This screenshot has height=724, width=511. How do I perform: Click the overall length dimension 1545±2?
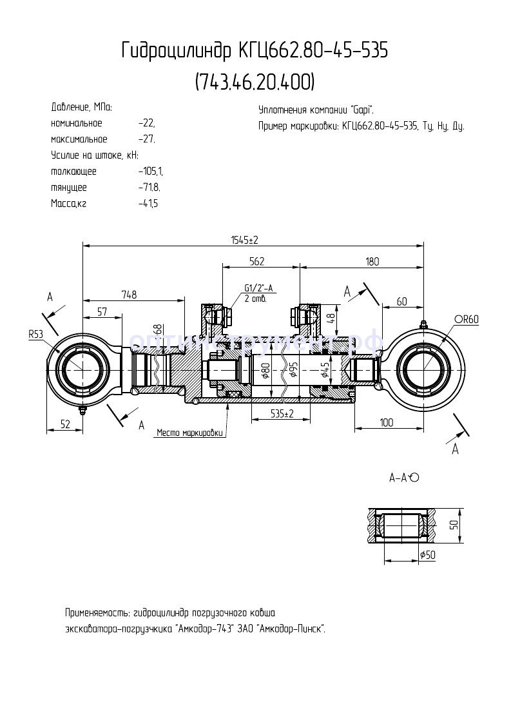(x=244, y=240)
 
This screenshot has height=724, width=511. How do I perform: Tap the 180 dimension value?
(x=372, y=261)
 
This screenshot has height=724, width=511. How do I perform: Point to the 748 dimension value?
(x=129, y=295)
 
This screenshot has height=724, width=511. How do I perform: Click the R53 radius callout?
(x=35, y=334)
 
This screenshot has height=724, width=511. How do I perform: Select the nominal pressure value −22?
(x=146, y=123)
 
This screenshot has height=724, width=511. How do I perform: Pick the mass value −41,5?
(x=148, y=204)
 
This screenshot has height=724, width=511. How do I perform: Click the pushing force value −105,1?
(x=151, y=171)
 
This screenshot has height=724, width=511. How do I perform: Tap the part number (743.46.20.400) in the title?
(x=255, y=82)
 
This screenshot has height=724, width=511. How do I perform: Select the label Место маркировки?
(x=190, y=433)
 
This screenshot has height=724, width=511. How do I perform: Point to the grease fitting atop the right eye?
(x=423, y=324)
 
